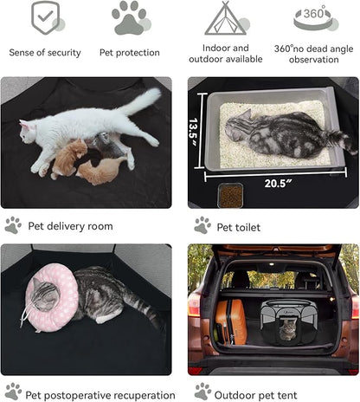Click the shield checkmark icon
click(x=45, y=18)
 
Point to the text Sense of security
click(x=45, y=53)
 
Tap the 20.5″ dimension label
click(x=278, y=184)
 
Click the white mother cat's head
click(x=29, y=133)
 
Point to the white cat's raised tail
click(x=141, y=101)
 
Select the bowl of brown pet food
click(x=230, y=196)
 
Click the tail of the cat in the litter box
click(x=343, y=142)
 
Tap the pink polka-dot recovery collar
click(x=52, y=297)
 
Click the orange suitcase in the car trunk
click(x=230, y=322)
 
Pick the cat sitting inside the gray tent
click(x=287, y=330)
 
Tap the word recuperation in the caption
click(x=148, y=395)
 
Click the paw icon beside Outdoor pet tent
click(x=202, y=392)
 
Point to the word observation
click(x=314, y=60)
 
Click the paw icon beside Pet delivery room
click(x=13, y=225)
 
